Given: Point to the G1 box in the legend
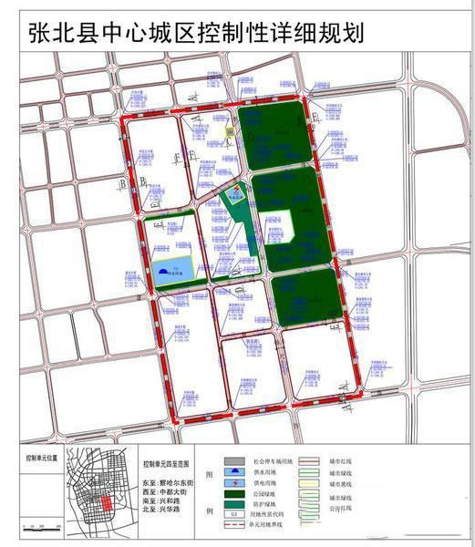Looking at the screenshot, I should pyautogui.click(x=233, y=528).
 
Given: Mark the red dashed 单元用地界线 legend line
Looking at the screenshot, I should pyautogui.click(x=233, y=538).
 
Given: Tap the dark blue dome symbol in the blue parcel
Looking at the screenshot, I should pyautogui.click(x=163, y=270).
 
